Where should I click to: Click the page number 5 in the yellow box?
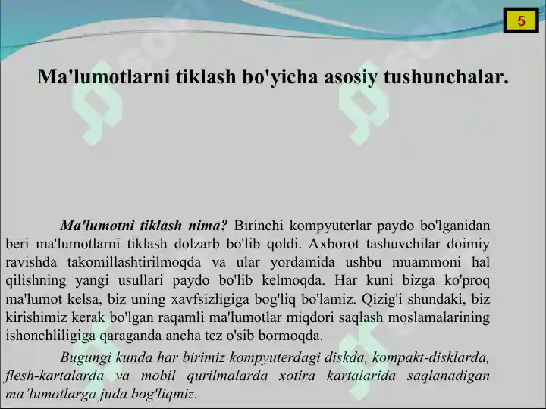tap(521, 21)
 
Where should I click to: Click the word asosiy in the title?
tap(350, 77)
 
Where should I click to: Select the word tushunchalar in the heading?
tap(446, 76)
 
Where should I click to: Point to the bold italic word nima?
tap(208, 226)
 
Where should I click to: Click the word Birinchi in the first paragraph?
tap(259, 226)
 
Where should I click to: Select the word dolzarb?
tap(196, 244)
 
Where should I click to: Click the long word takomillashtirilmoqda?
tap(134, 262)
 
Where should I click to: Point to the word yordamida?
tap(303, 262)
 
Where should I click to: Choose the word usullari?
tap(141, 280)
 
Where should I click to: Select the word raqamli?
tap(180, 317)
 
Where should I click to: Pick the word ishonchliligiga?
tap(51, 336)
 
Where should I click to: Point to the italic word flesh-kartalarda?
tap(55, 376)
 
